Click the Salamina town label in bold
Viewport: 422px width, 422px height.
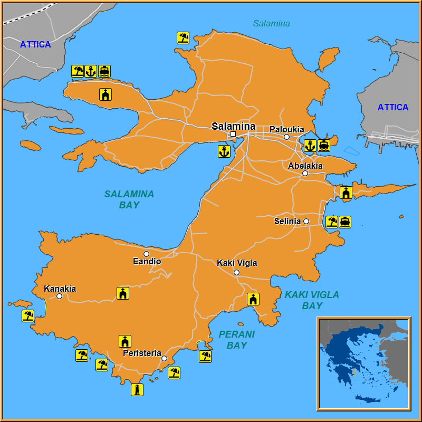click(x=233, y=126)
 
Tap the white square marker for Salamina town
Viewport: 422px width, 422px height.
click(x=233, y=134)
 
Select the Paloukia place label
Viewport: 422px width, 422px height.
click(x=286, y=129)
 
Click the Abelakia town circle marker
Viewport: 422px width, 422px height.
click(x=305, y=173)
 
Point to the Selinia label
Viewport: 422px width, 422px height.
click(x=287, y=222)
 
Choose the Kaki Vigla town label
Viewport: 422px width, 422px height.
click(x=237, y=263)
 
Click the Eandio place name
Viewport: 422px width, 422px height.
click(x=147, y=262)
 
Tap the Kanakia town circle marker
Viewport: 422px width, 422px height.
click(x=60, y=296)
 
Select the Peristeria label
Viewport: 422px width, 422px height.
click(x=141, y=353)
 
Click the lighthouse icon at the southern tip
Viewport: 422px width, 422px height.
click(x=137, y=390)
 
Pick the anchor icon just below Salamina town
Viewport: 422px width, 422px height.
click(x=224, y=152)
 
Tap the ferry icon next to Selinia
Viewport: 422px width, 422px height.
click(x=345, y=222)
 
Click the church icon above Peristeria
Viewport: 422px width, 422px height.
click(x=125, y=341)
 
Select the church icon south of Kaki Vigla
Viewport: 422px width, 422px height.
click(x=253, y=299)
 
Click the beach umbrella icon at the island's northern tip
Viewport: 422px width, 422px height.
click(x=183, y=37)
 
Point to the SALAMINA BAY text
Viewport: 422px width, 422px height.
click(x=129, y=199)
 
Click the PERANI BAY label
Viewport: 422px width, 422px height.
click(x=236, y=340)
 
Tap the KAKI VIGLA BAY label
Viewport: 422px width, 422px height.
click(x=312, y=300)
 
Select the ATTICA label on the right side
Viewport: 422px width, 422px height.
click(x=392, y=108)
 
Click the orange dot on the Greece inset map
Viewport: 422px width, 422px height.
click(x=353, y=375)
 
